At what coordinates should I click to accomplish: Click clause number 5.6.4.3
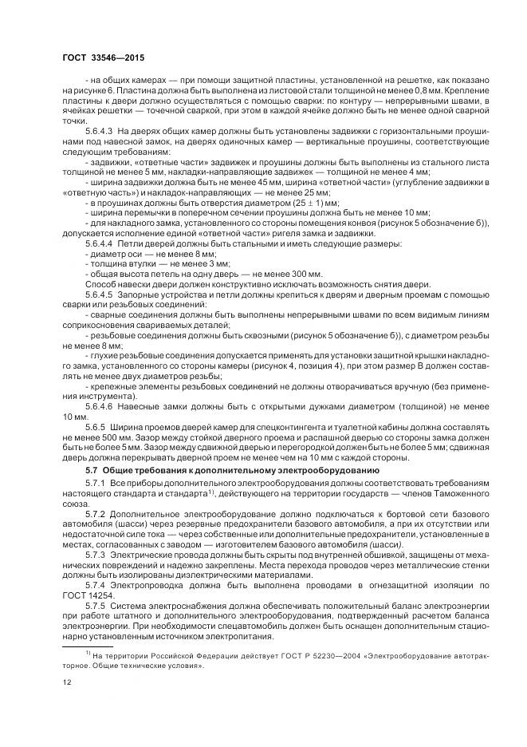click(99, 130)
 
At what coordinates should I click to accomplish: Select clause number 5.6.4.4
click(99, 242)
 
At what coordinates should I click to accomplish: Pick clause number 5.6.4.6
click(99, 405)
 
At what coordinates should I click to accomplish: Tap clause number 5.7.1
click(95, 484)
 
